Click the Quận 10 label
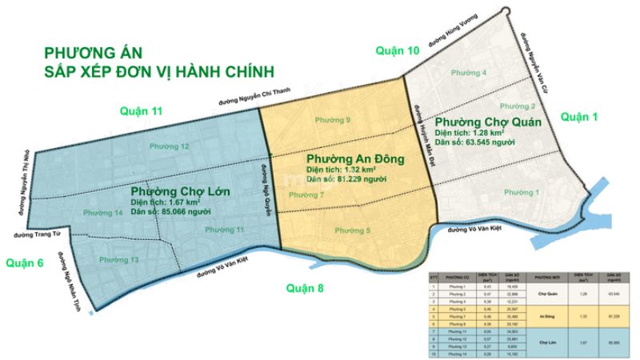pos(398,50)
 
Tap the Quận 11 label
pos(141,110)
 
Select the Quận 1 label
pos(579,117)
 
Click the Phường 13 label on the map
pos(119,260)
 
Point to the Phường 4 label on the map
pos(469,74)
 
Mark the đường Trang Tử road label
pos(34,235)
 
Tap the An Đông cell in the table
pos(544,315)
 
